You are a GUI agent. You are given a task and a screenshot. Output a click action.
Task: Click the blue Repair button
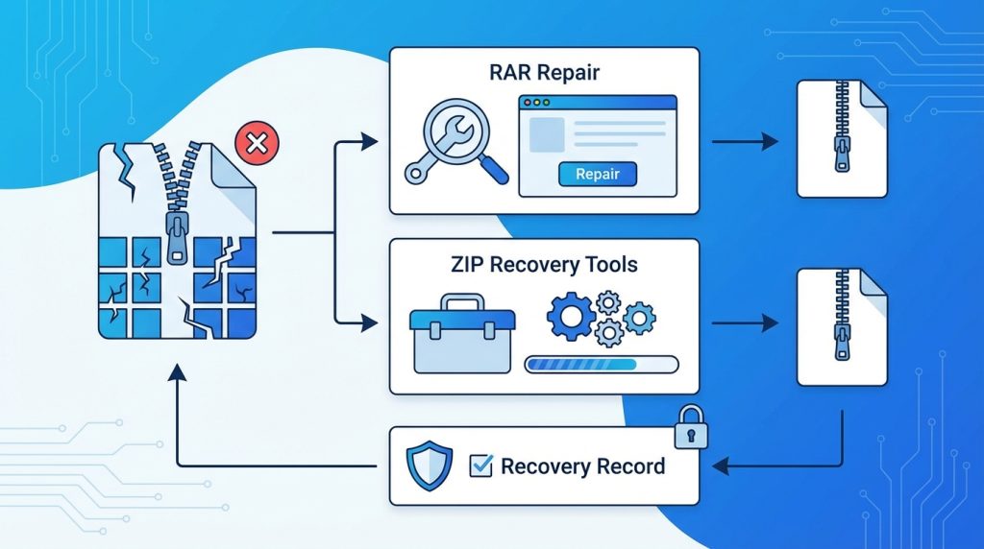click(x=597, y=175)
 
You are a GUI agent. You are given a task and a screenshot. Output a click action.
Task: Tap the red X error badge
click(x=256, y=144)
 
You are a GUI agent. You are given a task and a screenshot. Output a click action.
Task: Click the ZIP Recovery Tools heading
click(x=543, y=264)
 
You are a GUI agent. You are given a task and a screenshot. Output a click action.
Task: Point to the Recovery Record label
click(x=582, y=467)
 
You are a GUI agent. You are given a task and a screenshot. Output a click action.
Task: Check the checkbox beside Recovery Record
click(x=480, y=467)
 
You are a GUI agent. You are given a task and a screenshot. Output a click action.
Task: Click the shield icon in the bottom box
click(x=430, y=466)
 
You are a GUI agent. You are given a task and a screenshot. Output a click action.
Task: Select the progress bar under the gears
click(x=601, y=365)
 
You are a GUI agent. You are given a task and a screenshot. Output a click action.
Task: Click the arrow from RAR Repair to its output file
click(x=744, y=142)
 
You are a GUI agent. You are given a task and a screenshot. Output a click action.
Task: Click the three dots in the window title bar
click(x=538, y=103)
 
